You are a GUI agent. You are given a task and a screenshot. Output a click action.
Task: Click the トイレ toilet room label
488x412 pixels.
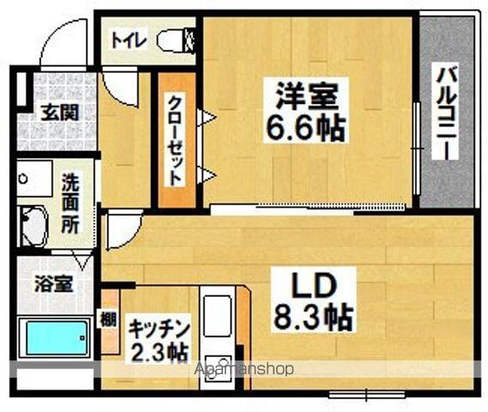(129, 40)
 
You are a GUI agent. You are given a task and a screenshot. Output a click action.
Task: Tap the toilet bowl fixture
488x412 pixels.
(177, 39)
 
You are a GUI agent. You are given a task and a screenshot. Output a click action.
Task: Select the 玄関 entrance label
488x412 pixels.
(60, 113)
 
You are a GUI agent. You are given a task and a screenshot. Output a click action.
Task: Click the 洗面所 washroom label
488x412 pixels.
(70, 203)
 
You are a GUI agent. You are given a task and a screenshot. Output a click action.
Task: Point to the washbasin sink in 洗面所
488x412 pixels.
(33, 225)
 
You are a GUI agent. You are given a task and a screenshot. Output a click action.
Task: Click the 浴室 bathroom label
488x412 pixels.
(54, 284)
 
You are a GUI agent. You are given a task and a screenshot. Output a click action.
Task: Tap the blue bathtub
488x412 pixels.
(56, 338)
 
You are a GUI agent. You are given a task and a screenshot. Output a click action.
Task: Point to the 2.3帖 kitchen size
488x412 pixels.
(159, 352)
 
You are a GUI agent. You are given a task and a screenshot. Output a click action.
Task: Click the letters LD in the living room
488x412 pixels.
(315, 285)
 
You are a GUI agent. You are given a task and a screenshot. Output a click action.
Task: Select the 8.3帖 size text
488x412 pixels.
(314, 318)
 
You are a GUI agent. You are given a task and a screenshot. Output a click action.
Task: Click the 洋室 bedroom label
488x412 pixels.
(307, 95)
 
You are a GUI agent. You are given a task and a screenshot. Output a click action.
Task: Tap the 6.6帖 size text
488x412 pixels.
(305, 128)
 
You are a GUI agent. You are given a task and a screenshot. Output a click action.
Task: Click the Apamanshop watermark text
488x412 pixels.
(244, 369)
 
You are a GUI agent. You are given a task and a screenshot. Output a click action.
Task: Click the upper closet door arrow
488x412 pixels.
(207, 118)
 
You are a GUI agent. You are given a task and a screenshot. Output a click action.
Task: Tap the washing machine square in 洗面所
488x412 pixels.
(34, 179)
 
